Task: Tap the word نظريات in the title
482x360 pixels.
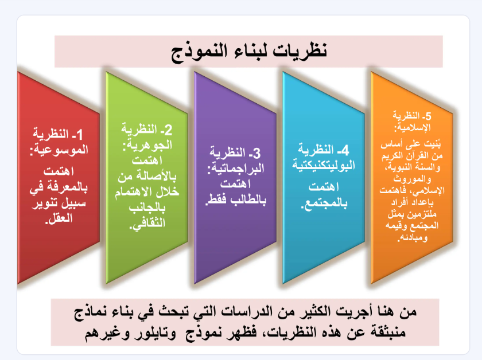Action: pos(300,50)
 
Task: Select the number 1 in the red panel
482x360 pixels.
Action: pos(79,135)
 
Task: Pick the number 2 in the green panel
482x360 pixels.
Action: pos(168,130)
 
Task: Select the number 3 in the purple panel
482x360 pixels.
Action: pos(256,153)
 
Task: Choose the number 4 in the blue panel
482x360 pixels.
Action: pos(345,150)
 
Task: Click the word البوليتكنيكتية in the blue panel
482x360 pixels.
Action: pos(324,165)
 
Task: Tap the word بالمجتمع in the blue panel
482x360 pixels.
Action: pos(325,203)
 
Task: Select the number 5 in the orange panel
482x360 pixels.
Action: pos(428,116)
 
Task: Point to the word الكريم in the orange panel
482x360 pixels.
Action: pos(392,156)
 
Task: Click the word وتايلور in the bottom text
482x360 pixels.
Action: pos(157,332)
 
